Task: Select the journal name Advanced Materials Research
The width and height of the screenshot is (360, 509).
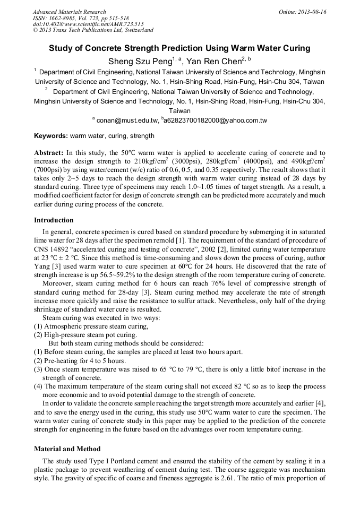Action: point(69,12)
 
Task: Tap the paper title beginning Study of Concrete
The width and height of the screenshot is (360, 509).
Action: point(179,48)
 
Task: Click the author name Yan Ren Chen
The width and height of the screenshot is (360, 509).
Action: point(214,61)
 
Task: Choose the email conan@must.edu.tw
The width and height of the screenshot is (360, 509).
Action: point(127,120)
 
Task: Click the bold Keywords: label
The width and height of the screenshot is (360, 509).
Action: point(51,136)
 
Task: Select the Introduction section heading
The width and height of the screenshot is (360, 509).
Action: point(54,220)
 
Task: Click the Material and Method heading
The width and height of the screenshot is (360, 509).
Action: point(67,449)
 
